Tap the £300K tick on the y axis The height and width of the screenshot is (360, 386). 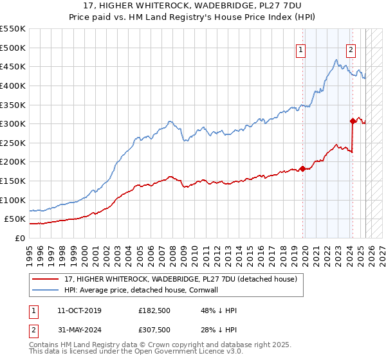tap(13, 123)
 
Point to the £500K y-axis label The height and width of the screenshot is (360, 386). tap(13, 48)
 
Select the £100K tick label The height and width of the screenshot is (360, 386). tap(13, 200)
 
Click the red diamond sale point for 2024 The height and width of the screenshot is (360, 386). tap(353, 120)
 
